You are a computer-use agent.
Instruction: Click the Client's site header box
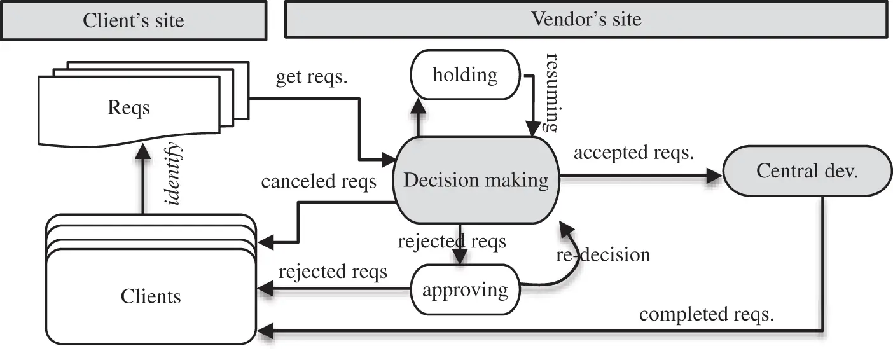pos(133,20)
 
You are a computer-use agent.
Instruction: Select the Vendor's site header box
pos(586,19)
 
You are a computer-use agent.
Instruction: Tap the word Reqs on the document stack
pos(128,107)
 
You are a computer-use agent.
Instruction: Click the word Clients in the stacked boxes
pos(150,296)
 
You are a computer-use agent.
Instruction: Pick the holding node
pos(465,75)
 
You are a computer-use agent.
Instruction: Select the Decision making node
pos(476,180)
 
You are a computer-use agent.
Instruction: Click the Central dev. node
pos(806,171)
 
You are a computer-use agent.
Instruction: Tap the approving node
pos(465,290)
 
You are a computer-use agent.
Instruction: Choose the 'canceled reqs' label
pos(319,182)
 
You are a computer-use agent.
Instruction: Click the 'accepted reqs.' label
pos(633,153)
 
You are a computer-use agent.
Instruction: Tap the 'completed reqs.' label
pos(706,314)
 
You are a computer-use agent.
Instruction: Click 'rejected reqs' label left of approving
pos(333,272)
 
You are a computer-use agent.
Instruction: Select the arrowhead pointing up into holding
pos(418,106)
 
